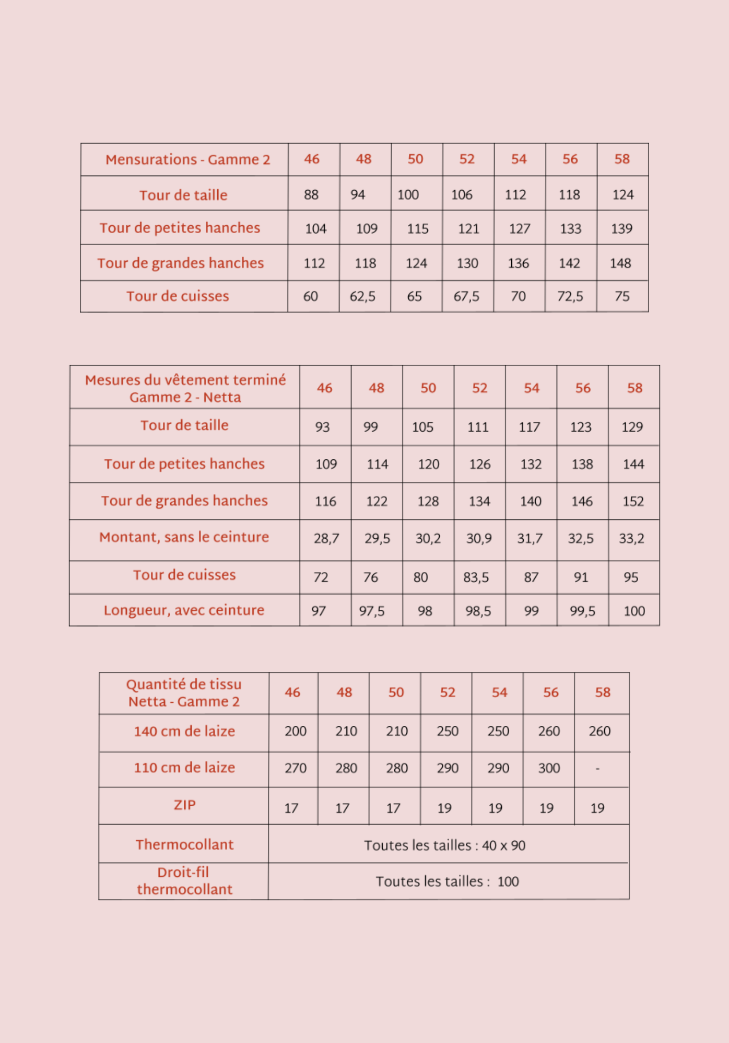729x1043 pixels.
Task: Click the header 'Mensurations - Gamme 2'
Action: (x=187, y=159)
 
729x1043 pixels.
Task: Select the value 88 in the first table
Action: (x=311, y=195)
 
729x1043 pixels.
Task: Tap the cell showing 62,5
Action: (x=362, y=297)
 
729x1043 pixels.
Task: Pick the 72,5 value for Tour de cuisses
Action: (x=570, y=297)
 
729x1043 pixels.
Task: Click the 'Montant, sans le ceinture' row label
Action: (x=184, y=537)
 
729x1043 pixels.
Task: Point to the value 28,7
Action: (x=326, y=539)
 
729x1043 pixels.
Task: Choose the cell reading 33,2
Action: (x=631, y=539)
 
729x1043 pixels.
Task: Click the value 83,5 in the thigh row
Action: (x=476, y=577)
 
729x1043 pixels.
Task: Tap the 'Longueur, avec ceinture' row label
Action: (x=184, y=610)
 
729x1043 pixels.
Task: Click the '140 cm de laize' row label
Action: (x=184, y=731)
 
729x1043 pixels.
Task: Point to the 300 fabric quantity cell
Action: (x=549, y=768)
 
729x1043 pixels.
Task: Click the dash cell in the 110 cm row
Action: (x=597, y=769)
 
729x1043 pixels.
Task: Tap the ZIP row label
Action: (x=184, y=805)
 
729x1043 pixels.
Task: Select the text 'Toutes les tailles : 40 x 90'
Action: (x=444, y=845)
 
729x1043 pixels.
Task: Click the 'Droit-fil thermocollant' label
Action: (x=184, y=880)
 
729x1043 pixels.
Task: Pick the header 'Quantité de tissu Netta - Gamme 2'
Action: (x=184, y=693)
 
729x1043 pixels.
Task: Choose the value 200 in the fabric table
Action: (x=295, y=731)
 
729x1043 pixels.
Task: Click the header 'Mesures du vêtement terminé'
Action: (x=185, y=380)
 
